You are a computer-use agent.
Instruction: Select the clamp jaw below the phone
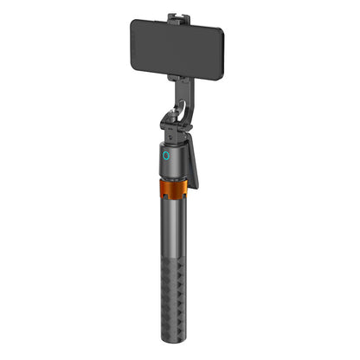pos(180,78)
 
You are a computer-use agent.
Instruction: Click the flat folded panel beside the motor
pos(193,160)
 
